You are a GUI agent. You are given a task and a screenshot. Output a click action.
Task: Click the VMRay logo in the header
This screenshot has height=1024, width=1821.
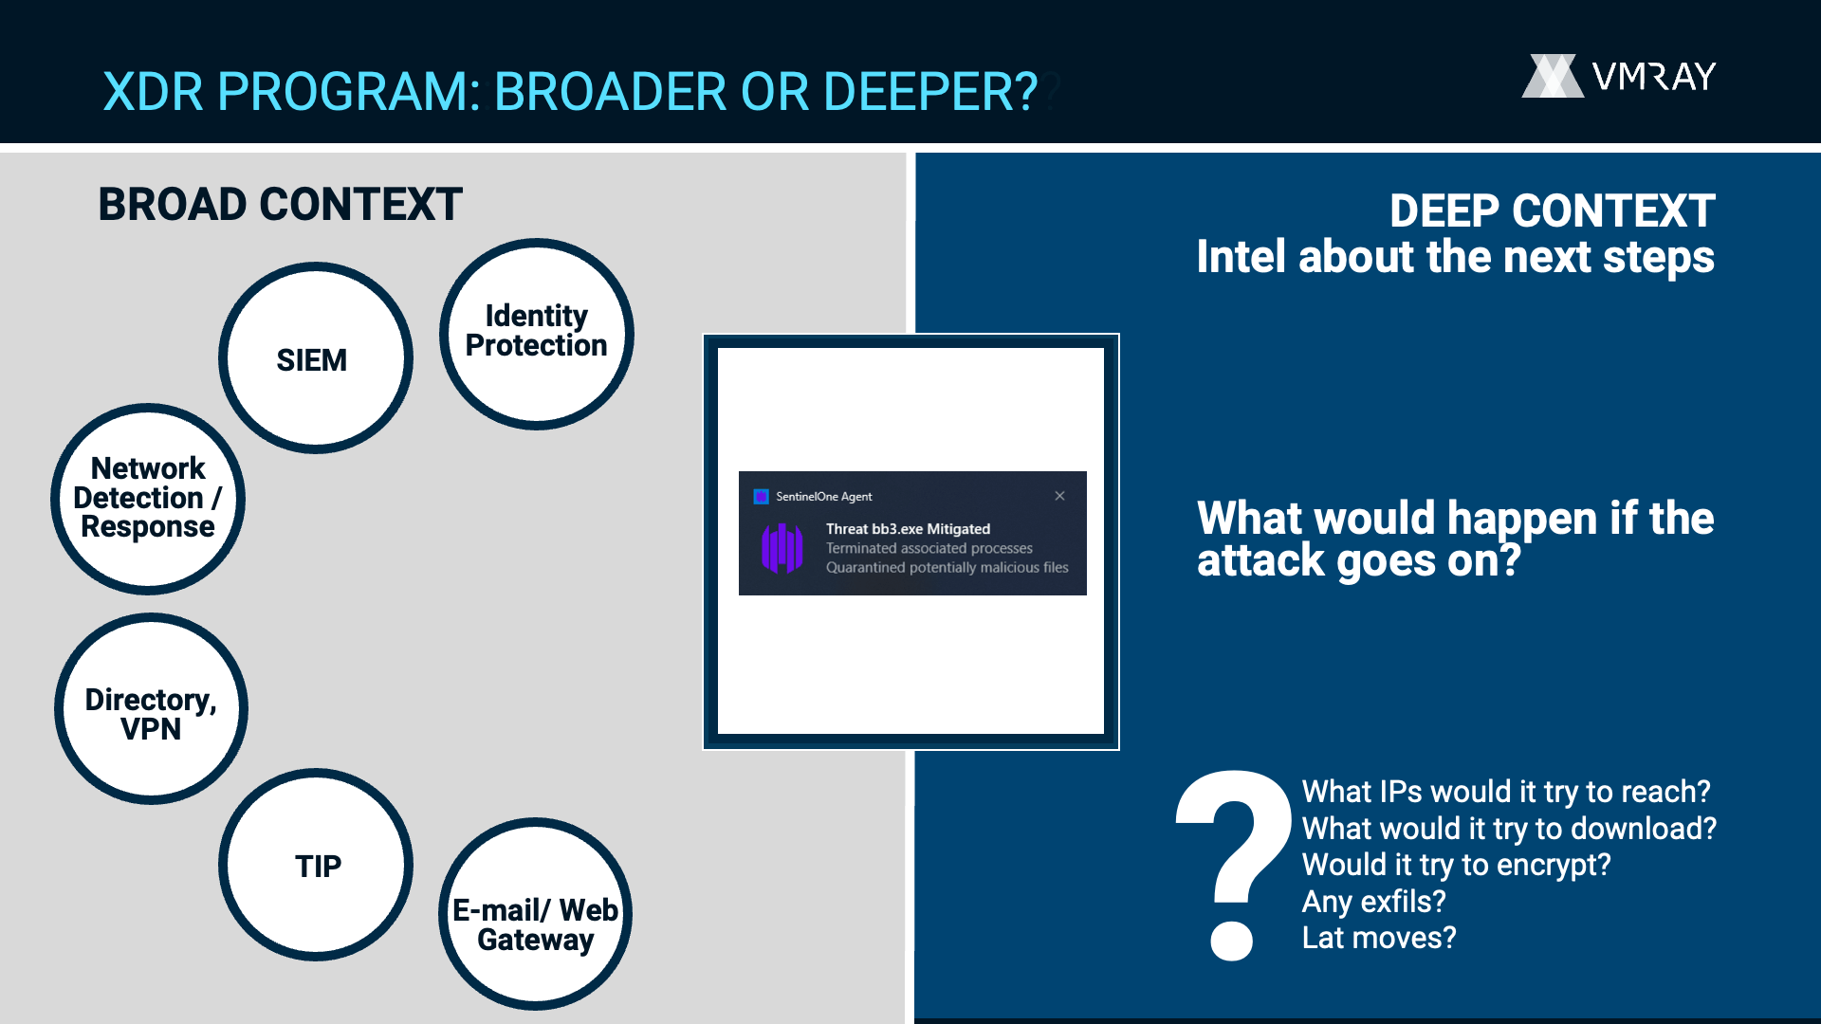1619,76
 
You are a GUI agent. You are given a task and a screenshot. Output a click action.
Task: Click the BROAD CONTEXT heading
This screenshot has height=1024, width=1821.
280,205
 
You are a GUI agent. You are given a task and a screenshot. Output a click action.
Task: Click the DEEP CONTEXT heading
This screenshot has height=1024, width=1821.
1553,210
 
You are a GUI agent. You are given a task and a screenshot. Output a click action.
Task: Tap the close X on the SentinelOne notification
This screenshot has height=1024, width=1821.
1059,496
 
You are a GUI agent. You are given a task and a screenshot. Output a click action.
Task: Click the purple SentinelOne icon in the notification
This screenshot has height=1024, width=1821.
782,548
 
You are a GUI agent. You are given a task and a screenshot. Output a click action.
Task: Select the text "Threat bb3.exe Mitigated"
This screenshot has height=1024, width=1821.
908,529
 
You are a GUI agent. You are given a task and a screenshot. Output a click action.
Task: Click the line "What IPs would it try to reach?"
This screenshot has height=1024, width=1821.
1506,792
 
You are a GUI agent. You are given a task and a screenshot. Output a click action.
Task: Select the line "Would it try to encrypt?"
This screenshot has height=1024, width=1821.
1456,865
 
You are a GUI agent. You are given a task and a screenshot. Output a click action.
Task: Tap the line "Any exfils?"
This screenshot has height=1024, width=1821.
1373,901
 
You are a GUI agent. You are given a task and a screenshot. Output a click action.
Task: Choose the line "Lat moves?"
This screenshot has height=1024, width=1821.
1378,938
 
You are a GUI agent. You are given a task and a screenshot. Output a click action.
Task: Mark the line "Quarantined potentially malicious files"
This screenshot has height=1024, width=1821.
947,567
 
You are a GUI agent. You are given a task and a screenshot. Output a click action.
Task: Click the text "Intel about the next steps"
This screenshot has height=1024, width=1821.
1456,257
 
